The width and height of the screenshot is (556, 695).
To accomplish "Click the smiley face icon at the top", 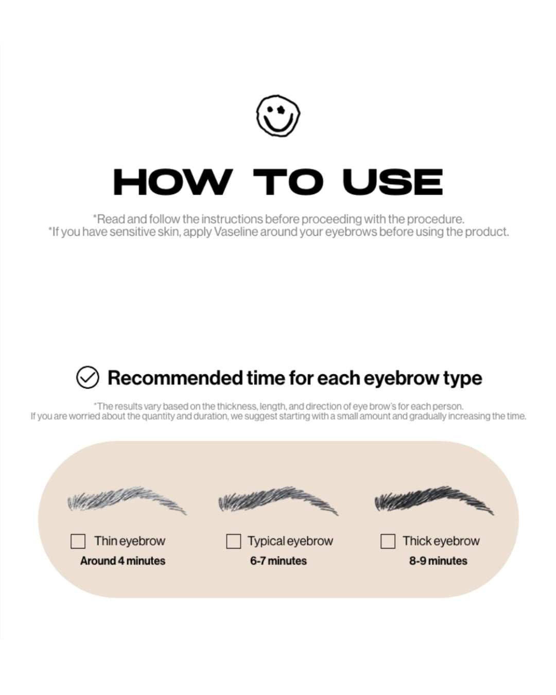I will [278, 116].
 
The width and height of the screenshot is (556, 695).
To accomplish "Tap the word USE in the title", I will [392, 182].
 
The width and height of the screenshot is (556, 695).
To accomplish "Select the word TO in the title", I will [288, 182].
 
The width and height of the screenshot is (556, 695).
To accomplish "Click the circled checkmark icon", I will [88, 377].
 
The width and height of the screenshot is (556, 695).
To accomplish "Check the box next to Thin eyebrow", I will [78, 541].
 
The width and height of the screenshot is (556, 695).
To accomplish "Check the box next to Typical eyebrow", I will [233, 541].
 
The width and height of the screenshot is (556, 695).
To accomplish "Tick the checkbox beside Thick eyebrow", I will [388, 541].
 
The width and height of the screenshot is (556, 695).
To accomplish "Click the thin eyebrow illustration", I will [126, 500].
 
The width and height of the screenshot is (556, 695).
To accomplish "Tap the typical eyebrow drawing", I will [278, 500].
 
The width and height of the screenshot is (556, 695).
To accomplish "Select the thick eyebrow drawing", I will [433, 499].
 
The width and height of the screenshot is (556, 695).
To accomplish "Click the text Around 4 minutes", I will [123, 561].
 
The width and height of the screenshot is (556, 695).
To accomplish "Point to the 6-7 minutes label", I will [278, 561].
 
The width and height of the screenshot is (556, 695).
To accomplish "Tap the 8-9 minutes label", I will [438, 561].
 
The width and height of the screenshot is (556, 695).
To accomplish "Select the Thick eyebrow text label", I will [441, 541].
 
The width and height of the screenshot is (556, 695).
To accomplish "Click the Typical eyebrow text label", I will [290, 541].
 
